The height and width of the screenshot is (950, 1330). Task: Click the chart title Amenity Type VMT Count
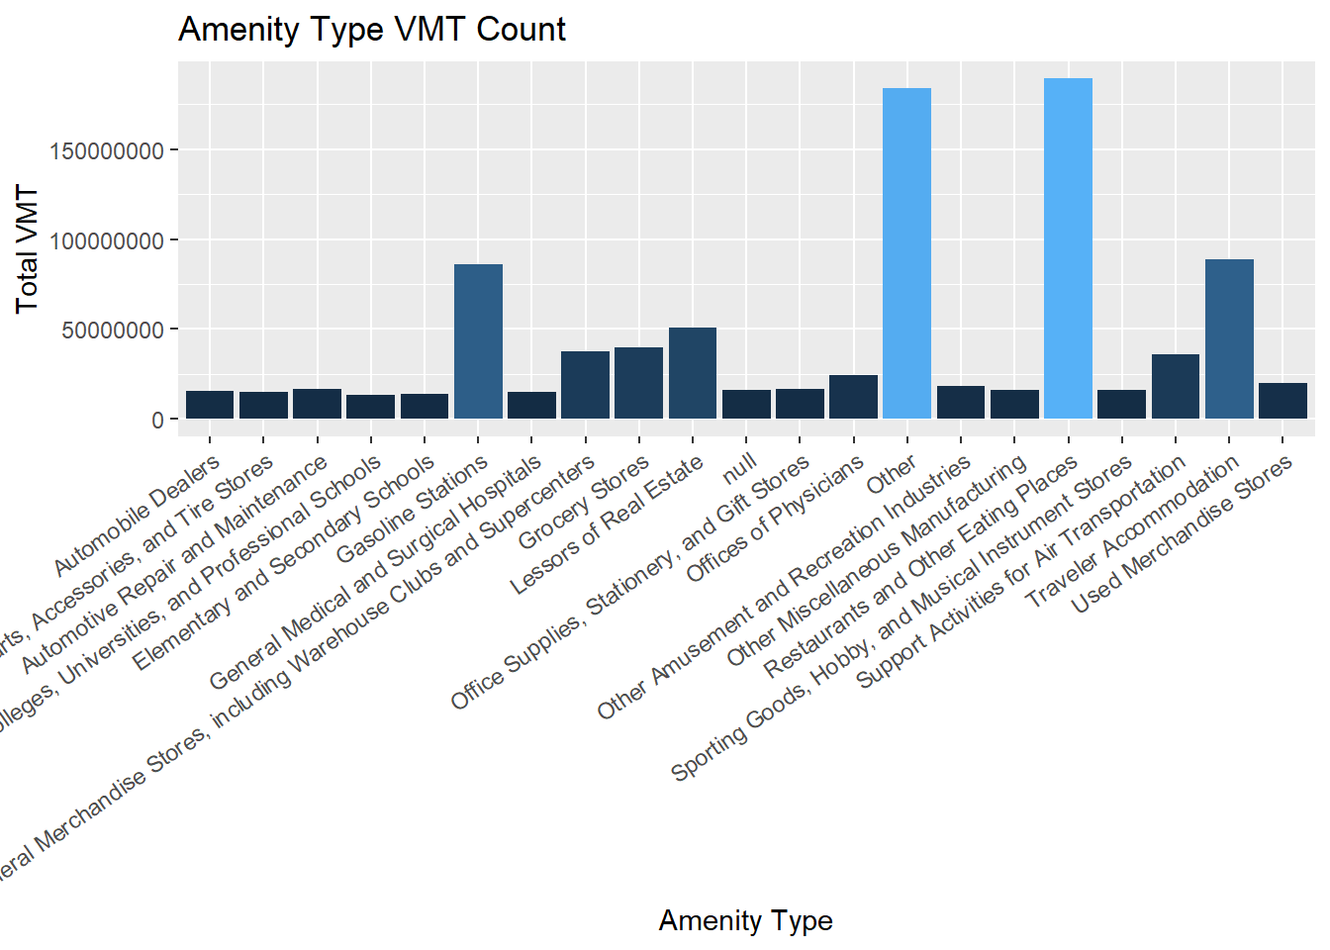(x=371, y=30)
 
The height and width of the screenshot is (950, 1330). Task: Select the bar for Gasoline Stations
(x=478, y=341)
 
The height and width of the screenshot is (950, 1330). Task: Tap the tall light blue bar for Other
(x=906, y=253)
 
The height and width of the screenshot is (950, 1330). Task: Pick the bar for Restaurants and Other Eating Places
(x=1068, y=248)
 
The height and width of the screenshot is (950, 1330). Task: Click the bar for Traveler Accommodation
(x=1229, y=338)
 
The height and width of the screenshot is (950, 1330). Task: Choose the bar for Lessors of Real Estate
(x=693, y=373)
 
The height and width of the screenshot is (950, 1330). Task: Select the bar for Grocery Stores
(x=638, y=383)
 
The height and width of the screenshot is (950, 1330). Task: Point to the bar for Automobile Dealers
(x=210, y=405)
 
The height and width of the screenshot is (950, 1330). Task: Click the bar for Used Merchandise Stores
(x=1282, y=401)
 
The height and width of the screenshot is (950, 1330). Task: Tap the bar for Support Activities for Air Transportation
(x=1176, y=386)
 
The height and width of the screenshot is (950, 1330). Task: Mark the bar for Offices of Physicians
(x=853, y=397)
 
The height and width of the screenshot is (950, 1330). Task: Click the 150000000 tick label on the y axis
(x=108, y=151)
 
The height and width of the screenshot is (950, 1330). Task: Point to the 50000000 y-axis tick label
(x=113, y=331)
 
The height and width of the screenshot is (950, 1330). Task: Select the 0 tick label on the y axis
(x=157, y=421)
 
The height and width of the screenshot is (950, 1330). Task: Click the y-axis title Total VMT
(x=27, y=249)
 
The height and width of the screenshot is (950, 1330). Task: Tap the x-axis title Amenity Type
(x=745, y=920)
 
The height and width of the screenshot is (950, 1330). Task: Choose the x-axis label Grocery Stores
(x=584, y=502)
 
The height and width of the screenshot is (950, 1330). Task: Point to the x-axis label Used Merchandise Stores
(x=1183, y=534)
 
